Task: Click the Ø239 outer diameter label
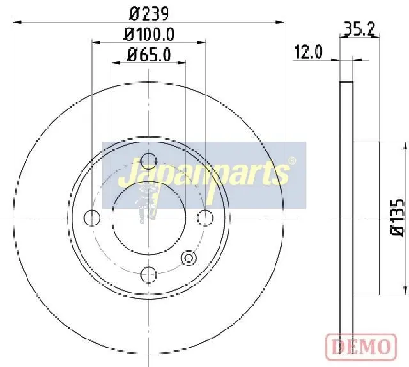149,14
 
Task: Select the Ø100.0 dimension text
149,35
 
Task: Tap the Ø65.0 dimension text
149,55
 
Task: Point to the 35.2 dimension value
359,29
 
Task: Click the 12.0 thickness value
308,52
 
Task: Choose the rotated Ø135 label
398,218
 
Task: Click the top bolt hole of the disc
148,161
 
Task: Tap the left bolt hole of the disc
92,218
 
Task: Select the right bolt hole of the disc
205,218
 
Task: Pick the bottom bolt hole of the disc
148,274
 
